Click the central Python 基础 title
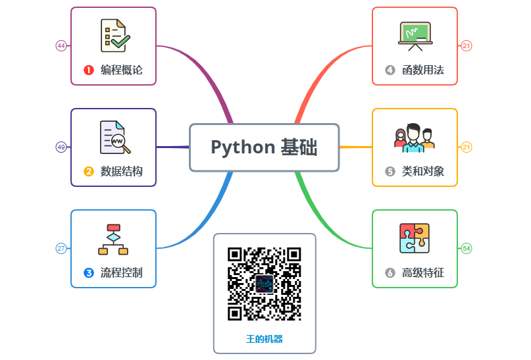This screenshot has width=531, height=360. (x=264, y=147)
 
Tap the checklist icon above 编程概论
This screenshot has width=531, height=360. (x=113, y=36)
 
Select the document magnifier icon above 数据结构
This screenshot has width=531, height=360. (x=113, y=137)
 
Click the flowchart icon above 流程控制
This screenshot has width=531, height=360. (x=113, y=239)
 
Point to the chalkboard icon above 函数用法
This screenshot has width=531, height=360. (x=415, y=36)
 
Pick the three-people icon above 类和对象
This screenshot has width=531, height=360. (x=415, y=137)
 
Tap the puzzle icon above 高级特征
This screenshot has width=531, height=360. (x=415, y=238)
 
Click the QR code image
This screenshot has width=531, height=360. (x=265, y=284)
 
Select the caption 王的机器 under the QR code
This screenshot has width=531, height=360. (x=265, y=339)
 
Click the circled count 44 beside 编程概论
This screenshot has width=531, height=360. (x=61, y=46)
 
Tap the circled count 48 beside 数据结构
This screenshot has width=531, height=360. (x=61, y=147)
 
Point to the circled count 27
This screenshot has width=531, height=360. (x=61, y=249)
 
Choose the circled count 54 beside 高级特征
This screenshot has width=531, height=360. (x=467, y=249)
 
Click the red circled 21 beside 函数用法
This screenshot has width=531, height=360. (x=467, y=46)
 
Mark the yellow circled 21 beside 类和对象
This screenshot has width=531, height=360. (x=467, y=147)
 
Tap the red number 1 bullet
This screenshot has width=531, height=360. (x=89, y=70)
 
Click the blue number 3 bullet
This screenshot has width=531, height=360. (x=89, y=272)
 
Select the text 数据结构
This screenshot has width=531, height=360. (x=121, y=172)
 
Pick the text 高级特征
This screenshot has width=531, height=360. (x=423, y=273)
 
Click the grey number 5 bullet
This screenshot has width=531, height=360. (x=390, y=172)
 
